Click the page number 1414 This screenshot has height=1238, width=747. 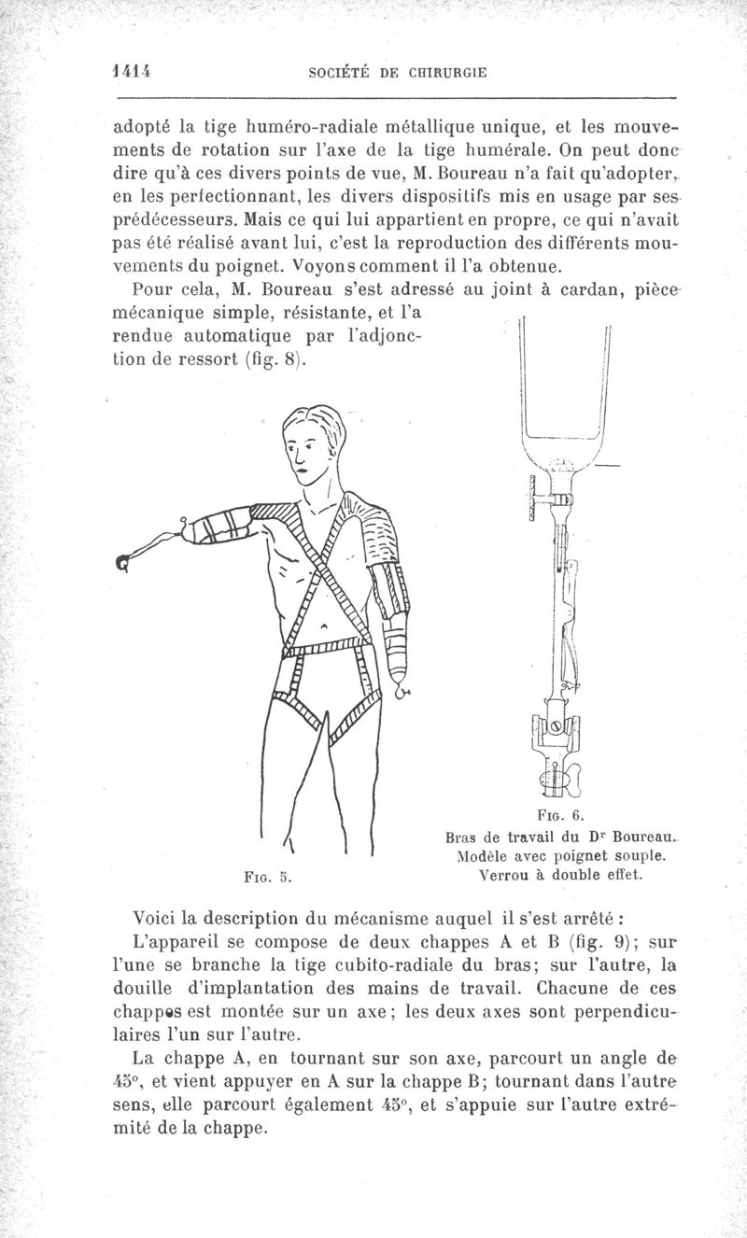(132, 70)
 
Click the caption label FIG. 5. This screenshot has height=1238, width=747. (262, 877)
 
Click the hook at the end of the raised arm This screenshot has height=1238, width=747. (122, 562)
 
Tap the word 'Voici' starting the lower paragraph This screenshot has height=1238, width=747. (161, 916)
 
